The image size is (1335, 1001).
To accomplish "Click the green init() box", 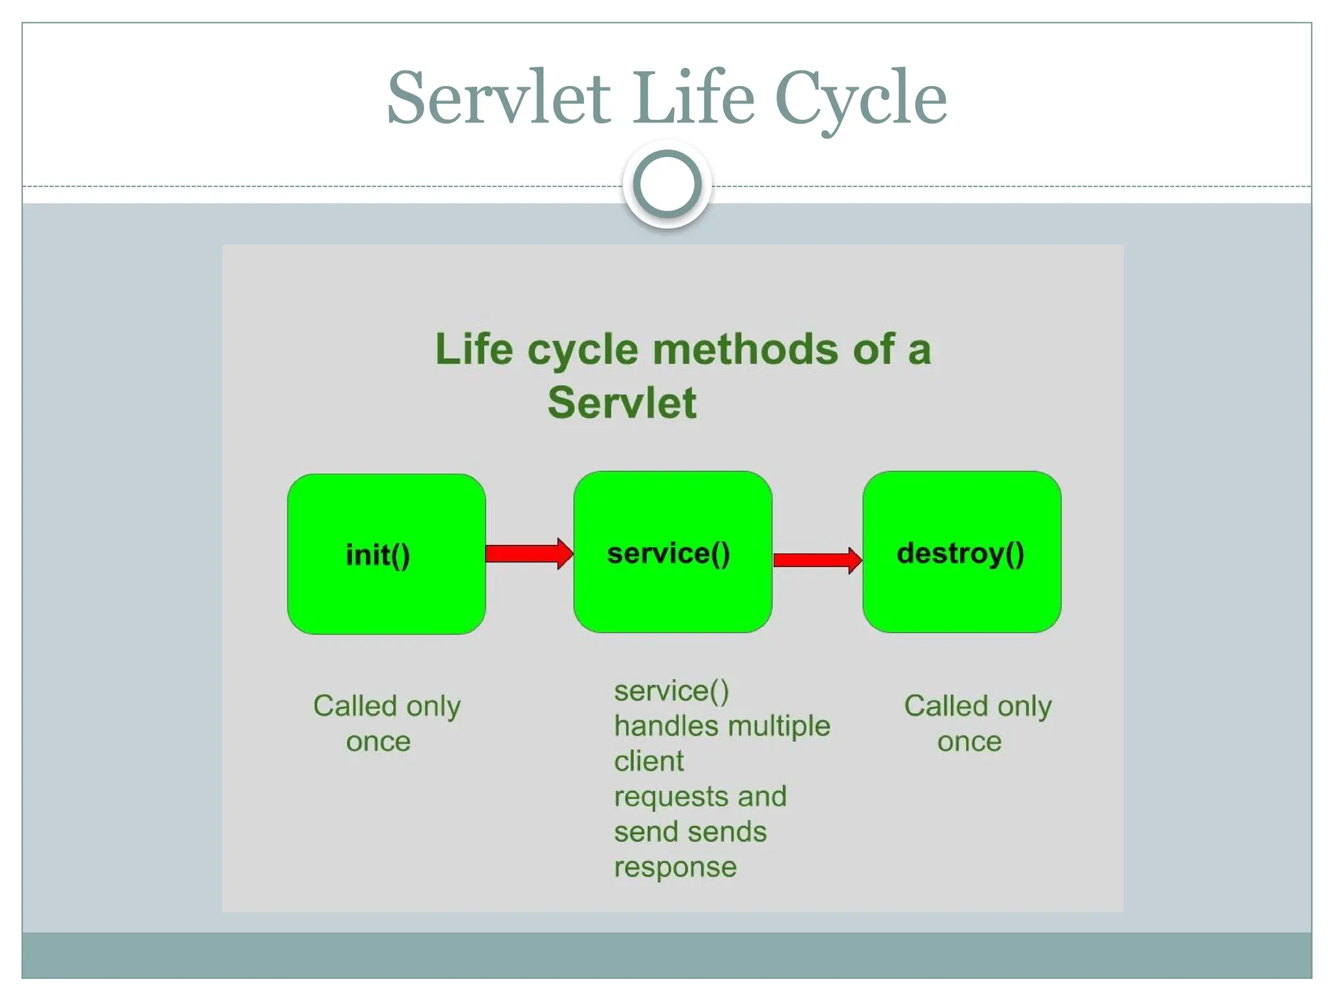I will point(386,554).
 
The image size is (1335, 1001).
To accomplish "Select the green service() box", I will point(673,552).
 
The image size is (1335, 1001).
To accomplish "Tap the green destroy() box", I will point(961,552).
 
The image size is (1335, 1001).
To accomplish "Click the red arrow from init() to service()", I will point(529,553).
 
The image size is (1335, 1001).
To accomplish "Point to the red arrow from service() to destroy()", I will point(817,560).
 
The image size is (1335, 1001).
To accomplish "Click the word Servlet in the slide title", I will point(499,98).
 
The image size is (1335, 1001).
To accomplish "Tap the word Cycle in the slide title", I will point(860,98).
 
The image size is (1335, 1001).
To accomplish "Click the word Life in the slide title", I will point(694,98).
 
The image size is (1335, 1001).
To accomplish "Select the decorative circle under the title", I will point(667,184).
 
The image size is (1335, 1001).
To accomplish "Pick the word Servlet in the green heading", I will point(622,402).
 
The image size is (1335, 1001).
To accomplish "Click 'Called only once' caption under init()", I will point(386,723).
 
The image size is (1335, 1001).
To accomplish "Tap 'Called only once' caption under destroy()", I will point(977,723).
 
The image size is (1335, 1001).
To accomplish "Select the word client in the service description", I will point(649,761).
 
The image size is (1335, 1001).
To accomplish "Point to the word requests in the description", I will point(671,797).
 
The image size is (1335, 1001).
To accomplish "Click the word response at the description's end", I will point(675,867).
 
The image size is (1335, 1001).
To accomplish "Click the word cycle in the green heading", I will point(582,350).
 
